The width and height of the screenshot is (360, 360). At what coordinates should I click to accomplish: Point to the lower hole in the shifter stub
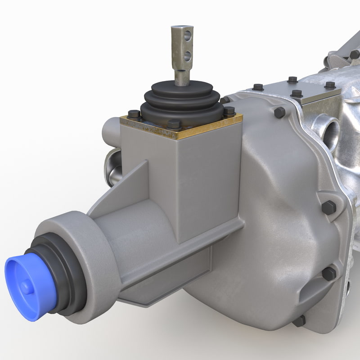pyautogui.click(x=188, y=56)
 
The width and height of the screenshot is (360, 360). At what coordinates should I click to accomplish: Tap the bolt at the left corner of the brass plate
pyautogui.click(x=134, y=114)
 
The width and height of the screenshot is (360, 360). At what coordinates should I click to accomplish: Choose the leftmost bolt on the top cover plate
pyautogui.click(x=258, y=87)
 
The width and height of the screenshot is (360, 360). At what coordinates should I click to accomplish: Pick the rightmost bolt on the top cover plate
pyautogui.click(x=330, y=85)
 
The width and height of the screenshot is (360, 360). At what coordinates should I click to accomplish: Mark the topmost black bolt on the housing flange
pyautogui.click(x=279, y=112)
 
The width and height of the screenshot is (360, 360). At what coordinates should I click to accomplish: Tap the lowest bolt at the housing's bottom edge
pyautogui.click(x=299, y=321)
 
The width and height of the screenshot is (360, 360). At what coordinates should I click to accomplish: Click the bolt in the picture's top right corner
pyautogui.click(x=355, y=54)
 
